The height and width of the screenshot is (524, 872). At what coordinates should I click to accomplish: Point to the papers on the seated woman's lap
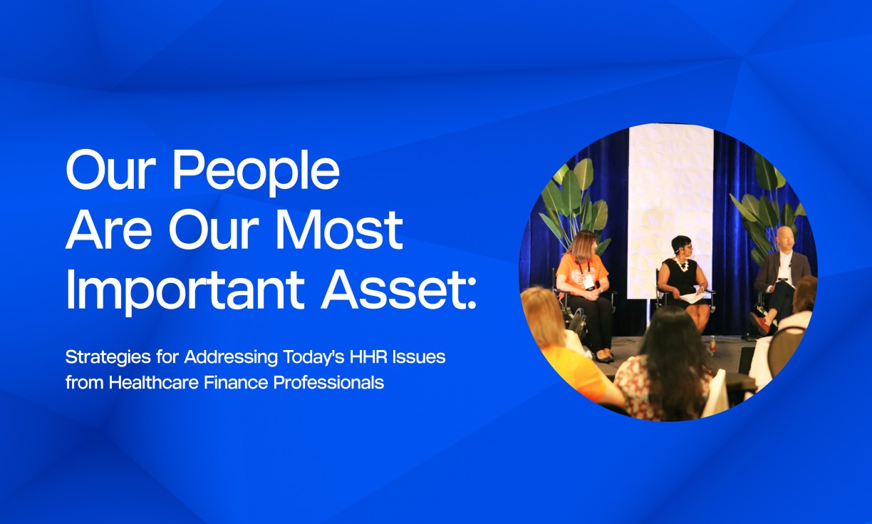point(691,295)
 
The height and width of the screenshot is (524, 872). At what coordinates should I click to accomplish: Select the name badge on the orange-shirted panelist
point(588,283)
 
